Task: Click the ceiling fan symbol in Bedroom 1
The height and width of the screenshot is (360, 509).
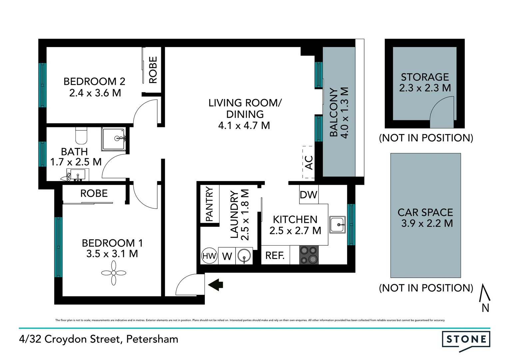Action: click(114, 273)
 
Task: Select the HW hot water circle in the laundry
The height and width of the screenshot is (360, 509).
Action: click(209, 256)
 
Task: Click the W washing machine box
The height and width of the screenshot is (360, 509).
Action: click(227, 256)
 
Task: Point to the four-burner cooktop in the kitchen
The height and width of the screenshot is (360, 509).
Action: click(309, 255)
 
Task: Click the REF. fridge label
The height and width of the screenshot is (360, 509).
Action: click(275, 256)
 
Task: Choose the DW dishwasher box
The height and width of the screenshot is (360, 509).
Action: click(308, 195)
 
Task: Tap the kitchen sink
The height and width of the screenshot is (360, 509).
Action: click(337, 224)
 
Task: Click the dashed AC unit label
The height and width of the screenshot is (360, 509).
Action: click(308, 162)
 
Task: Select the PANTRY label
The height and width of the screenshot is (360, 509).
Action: click(210, 204)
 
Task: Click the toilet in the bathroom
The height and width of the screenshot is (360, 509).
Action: click(81, 135)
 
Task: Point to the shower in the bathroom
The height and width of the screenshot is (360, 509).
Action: click(114, 139)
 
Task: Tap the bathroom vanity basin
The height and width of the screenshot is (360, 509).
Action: click(78, 174)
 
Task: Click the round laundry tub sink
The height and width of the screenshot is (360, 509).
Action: click(244, 256)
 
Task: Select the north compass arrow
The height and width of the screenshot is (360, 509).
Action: click(485, 293)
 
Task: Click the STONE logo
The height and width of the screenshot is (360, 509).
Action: click(466, 340)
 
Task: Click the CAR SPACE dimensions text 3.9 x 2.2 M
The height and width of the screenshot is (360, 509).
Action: click(427, 223)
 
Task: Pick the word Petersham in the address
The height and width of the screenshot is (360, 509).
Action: click(152, 339)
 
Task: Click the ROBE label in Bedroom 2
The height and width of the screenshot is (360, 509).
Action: click(153, 70)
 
